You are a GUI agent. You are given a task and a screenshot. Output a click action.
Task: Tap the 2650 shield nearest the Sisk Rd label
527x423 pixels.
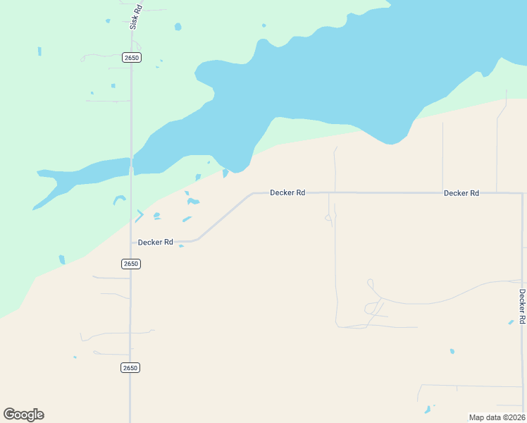click(131, 57)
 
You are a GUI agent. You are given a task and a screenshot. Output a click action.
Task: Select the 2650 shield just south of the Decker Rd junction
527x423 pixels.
click(131, 264)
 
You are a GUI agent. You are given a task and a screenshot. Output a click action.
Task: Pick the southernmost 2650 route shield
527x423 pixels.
click(131, 368)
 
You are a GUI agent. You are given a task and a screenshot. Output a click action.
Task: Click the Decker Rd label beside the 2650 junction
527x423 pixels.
click(156, 242)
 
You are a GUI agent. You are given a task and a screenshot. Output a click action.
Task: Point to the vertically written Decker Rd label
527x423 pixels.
click(522, 306)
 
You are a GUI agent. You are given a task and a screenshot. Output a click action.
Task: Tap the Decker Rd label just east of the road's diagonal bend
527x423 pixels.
click(287, 192)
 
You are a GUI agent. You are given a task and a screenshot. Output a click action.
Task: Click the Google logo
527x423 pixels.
click(24, 415)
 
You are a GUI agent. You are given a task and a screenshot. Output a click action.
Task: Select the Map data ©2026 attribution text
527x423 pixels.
click(497, 417)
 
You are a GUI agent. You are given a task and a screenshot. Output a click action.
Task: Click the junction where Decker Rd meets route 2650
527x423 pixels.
click(131, 242)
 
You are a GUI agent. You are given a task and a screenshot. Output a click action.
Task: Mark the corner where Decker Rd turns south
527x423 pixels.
click(521, 193)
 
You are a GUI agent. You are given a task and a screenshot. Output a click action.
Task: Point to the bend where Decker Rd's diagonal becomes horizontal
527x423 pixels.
click(253, 193)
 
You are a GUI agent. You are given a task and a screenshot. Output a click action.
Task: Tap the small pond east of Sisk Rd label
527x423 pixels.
click(178, 27)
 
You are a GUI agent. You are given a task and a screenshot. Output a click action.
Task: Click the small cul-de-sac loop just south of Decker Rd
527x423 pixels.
click(328, 218)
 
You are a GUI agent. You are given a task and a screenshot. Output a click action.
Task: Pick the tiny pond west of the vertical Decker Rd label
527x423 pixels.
click(511, 322)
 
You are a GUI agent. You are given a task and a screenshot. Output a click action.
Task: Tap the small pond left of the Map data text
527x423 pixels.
click(427, 410)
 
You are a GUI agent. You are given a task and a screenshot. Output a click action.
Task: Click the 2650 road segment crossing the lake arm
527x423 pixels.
click(131, 166)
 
